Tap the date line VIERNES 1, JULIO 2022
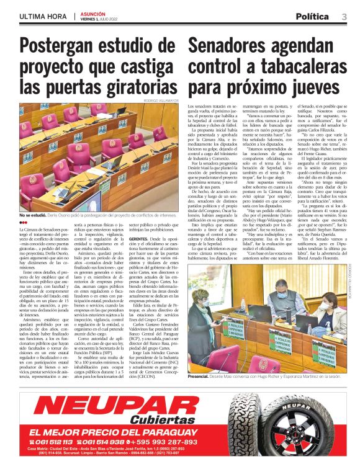coord(100,19)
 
